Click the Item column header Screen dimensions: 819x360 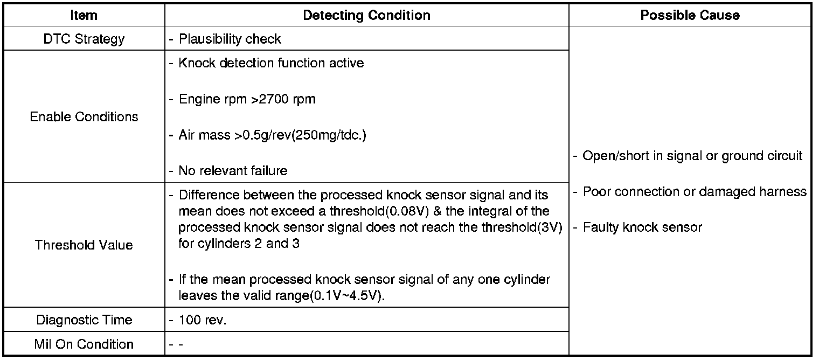click(x=84, y=15)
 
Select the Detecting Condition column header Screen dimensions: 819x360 click(x=366, y=15)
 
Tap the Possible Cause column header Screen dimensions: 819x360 click(x=690, y=15)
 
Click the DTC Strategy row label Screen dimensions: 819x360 click(x=84, y=39)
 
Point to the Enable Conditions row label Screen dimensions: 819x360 click(x=84, y=117)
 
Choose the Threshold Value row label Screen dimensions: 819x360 click(x=84, y=245)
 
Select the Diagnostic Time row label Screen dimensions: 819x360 click(x=84, y=320)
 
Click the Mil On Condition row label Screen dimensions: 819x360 click(x=84, y=344)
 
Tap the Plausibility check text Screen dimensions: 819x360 click(x=230, y=39)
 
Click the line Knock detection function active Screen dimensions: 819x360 click(x=271, y=63)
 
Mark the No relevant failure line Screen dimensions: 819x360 click(x=233, y=171)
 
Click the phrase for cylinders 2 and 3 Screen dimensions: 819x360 click(x=239, y=244)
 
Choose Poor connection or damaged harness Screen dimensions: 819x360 click(x=695, y=192)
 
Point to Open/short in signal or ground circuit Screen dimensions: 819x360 click(x=692, y=156)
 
